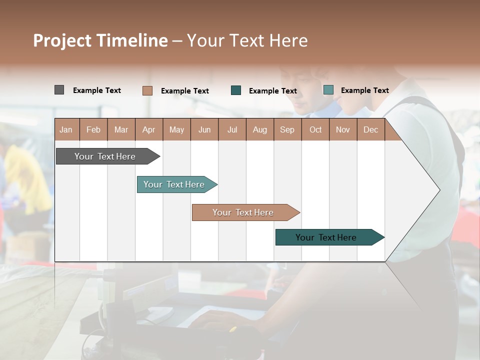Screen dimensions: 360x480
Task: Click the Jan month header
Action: click(x=66, y=129)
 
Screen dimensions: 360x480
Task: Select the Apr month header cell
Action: click(x=149, y=129)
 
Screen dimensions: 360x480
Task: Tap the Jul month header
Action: click(x=232, y=129)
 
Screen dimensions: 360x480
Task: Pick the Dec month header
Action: click(x=370, y=129)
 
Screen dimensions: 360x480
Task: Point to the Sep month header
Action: click(x=287, y=129)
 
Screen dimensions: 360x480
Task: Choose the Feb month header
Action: click(x=93, y=129)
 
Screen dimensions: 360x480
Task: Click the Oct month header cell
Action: click(x=315, y=129)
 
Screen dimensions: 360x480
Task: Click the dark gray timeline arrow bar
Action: click(x=105, y=156)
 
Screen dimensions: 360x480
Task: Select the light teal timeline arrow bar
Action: click(x=174, y=184)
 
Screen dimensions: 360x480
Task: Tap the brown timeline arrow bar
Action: click(x=243, y=212)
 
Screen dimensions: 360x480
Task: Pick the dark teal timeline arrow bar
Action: click(x=326, y=237)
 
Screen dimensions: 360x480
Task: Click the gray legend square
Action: click(x=59, y=90)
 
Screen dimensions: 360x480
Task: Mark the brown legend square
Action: click(x=147, y=90)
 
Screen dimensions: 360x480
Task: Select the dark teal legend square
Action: click(x=236, y=90)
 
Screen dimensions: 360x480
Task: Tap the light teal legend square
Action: click(x=328, y=90)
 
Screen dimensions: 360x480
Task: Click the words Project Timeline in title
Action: click(x=100, y=40)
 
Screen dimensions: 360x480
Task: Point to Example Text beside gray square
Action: click(x=97, y=90)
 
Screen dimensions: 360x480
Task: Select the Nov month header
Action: click(x=343, y=129)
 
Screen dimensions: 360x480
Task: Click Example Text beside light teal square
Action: click(x=365, y=90)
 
